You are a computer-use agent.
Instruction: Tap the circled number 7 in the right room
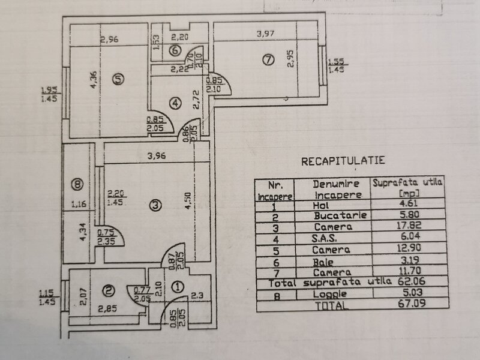click(x=268, y=59)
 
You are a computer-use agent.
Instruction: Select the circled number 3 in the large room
click(x=155, y=205)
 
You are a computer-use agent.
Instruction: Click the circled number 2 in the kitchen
click(x=108, y=292)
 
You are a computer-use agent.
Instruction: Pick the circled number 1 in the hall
click(x=177, y=287)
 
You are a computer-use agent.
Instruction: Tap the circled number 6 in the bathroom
click(x=173, y=50)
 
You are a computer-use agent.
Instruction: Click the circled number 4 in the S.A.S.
click(x=175, y=103)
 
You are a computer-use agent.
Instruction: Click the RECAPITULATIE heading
click(x=343, y=161)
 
